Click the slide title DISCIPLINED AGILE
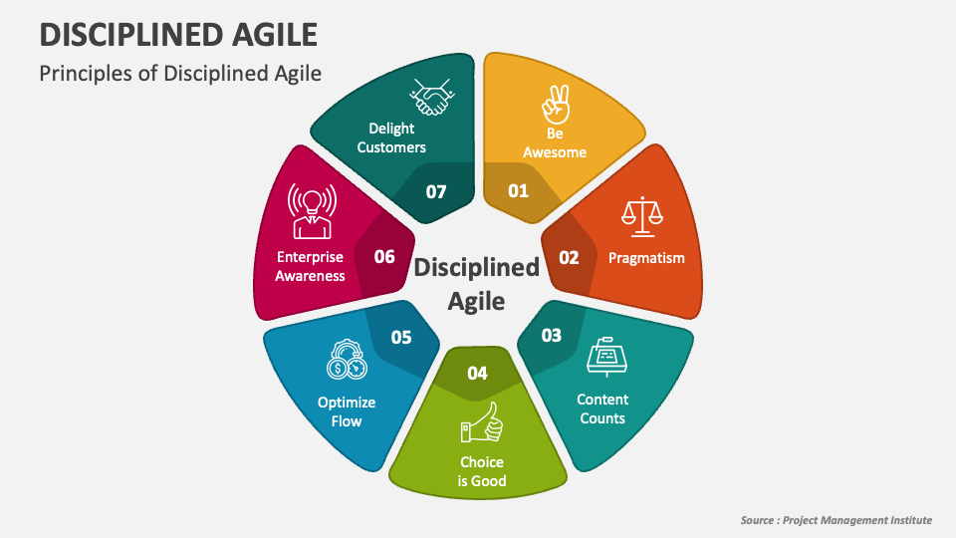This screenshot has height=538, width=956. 178,34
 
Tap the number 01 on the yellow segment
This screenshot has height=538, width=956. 518,190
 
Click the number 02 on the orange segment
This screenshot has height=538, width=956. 569,257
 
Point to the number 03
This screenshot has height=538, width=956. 551,335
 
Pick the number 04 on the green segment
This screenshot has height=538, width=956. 478,374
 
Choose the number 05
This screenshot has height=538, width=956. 401,337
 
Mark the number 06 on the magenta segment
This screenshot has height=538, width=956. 384,257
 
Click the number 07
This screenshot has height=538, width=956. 436,190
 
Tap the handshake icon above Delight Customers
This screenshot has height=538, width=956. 432,98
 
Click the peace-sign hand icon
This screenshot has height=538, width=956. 554,103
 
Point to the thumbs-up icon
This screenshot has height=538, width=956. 482,422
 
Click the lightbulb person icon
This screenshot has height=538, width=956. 309,210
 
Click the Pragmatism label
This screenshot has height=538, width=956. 646,258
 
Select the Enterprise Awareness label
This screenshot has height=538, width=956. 310,266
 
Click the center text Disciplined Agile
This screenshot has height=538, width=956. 476,283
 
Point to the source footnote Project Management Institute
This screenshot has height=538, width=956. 836,520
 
